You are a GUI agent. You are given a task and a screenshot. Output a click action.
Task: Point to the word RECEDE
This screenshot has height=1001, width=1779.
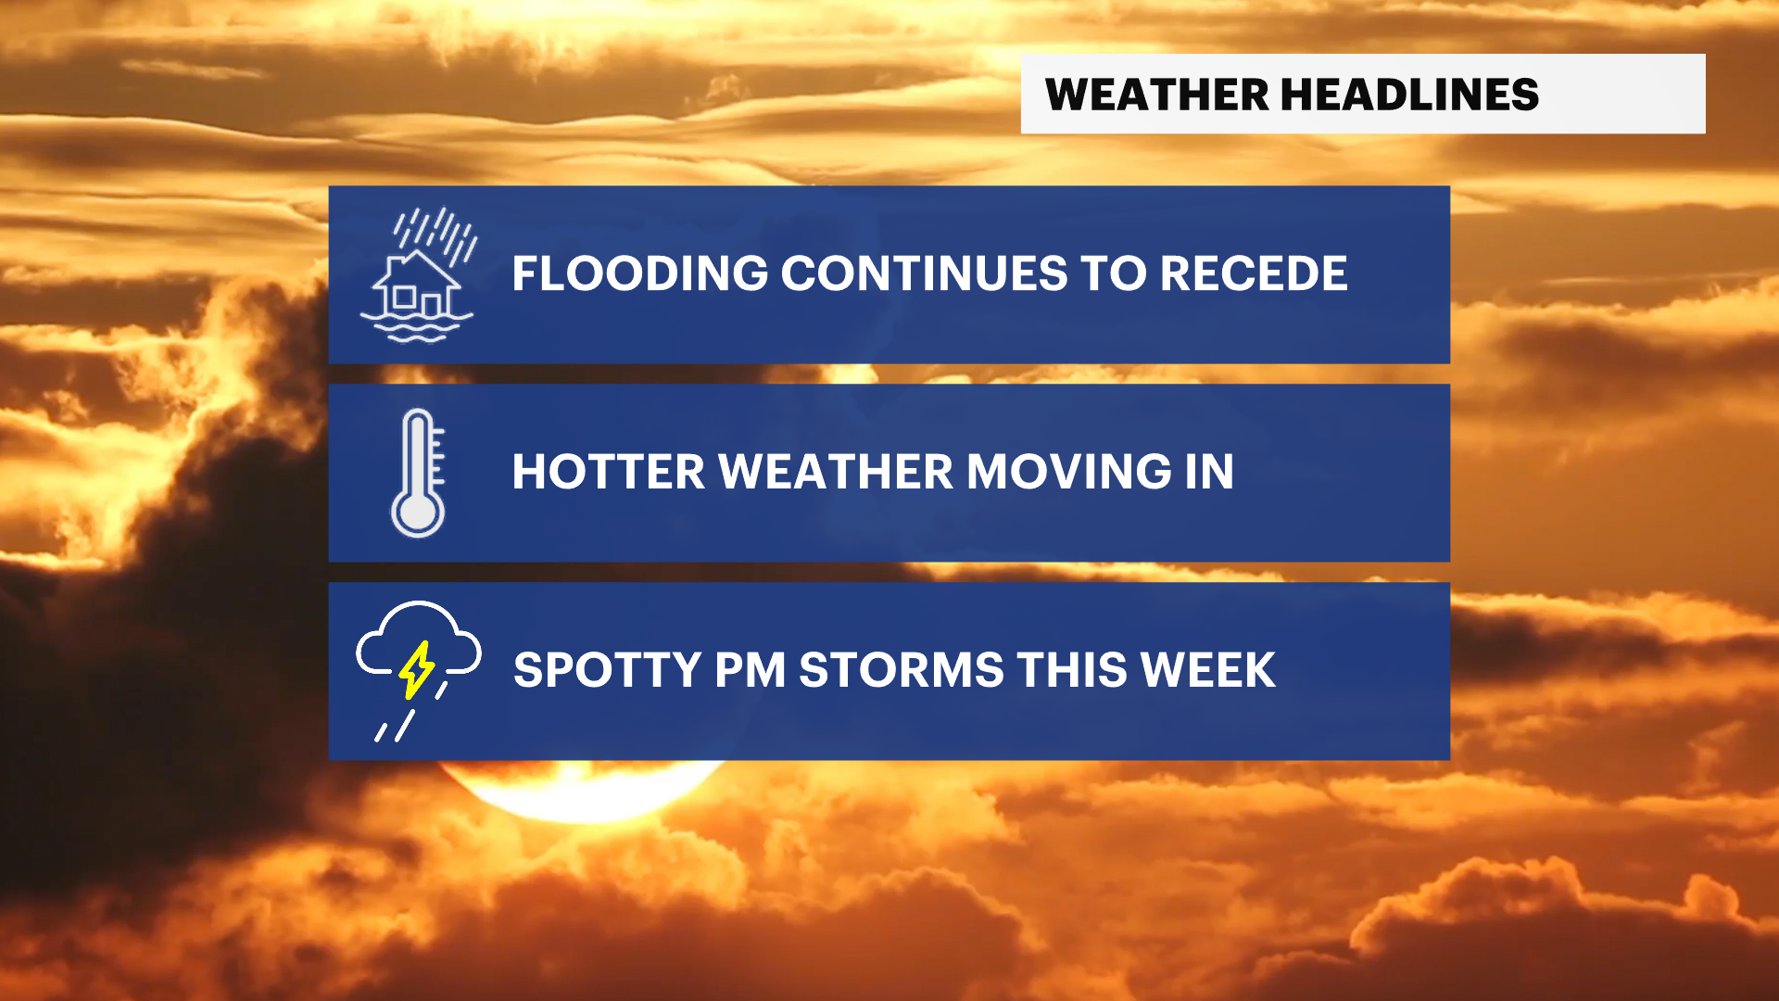click(1254, 273)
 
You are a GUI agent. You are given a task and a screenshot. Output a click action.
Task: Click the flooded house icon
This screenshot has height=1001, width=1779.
click(418, 274)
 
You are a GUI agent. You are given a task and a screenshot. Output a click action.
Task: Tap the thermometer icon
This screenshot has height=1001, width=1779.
click(418, 473)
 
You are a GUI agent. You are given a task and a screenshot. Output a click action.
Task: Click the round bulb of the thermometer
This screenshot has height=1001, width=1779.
click(418, 512)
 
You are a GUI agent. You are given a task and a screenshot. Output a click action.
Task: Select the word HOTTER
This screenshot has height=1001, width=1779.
click(609, 472)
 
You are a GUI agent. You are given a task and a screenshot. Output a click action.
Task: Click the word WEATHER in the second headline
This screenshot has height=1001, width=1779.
click(836, 472)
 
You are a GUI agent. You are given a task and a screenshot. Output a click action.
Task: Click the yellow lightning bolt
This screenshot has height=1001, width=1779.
click(416, 670)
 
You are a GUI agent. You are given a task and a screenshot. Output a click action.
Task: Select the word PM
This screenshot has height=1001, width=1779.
click(751, 670)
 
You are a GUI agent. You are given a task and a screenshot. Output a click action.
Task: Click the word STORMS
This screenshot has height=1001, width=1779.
click(902, 670)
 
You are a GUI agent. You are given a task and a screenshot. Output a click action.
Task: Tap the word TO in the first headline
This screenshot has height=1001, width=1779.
click(1114, 273)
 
